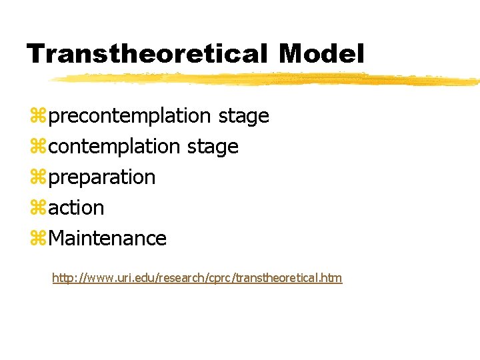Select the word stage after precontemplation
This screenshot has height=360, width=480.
[x=243, y=117]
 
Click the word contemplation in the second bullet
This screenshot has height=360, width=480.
[x=115, y=147]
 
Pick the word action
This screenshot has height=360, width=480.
[x=77, y=208]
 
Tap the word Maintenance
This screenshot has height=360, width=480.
[x=107, y=238]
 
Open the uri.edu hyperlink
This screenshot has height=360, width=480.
[x=197, y=277]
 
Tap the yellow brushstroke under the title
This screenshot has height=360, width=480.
[x=267, y=80]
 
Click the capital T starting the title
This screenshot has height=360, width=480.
[x=35, y=53]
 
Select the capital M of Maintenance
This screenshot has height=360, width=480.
[x=58, y=238]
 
